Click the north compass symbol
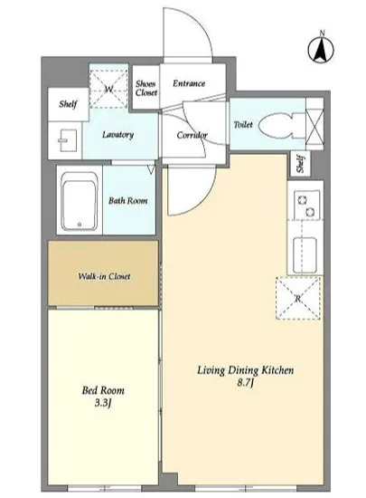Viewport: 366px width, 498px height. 321,48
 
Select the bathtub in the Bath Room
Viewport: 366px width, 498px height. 80,200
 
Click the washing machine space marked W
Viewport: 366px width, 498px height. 108,89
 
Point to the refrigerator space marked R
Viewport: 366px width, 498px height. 298,298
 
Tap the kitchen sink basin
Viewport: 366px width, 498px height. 305,255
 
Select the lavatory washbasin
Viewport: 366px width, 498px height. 67,140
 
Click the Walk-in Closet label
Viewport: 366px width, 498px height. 104,276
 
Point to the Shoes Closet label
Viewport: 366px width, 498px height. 146,89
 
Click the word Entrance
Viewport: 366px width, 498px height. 189,83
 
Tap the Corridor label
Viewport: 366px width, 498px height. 192,135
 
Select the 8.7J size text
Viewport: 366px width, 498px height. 245,383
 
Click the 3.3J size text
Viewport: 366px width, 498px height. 103,403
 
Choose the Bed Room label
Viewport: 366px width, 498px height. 103,390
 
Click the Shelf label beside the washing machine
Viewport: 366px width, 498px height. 68,104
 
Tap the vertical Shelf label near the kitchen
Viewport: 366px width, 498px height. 301,164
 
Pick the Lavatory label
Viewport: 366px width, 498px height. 117,135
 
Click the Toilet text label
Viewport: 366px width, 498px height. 243,125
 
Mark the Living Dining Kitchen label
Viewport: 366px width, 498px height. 245,370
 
